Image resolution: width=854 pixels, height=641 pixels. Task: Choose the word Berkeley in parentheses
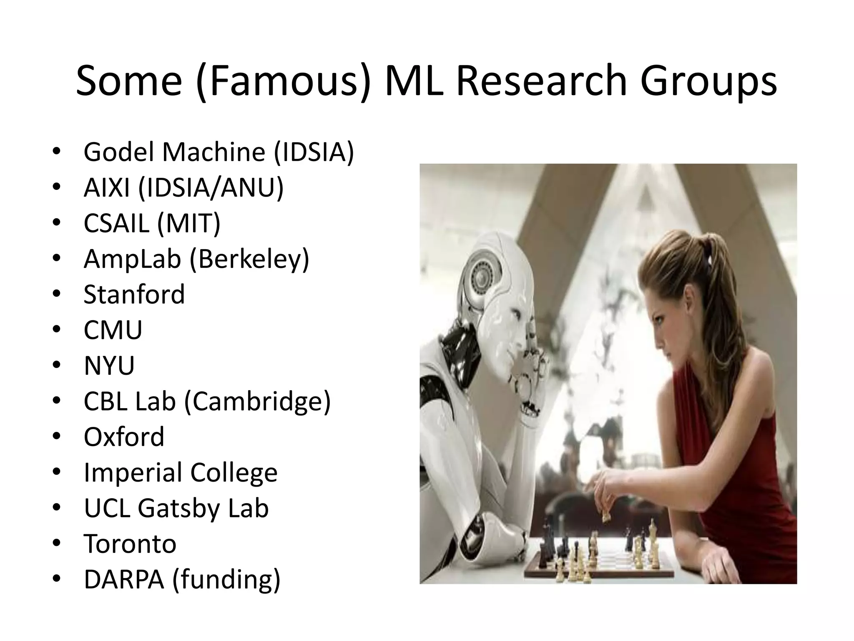click(x=249, y=259)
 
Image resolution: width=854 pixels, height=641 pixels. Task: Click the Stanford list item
click(x=134, y=294)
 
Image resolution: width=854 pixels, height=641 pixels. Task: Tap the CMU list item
click(x=113, y=330)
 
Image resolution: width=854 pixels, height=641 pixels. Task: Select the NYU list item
click(x=109, y=366)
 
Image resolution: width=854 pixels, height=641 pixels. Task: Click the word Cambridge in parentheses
click(x=257, y=401)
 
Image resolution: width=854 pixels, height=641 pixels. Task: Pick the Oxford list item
click(x=124, y=437)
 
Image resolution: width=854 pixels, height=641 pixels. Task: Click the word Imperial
click(x=133, y=472)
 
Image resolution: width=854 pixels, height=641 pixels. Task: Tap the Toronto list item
click(x=130, y=544)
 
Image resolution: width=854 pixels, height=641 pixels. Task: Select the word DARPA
click(x=124, y=579)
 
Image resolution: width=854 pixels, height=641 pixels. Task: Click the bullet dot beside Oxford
click(x=57, y=437)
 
